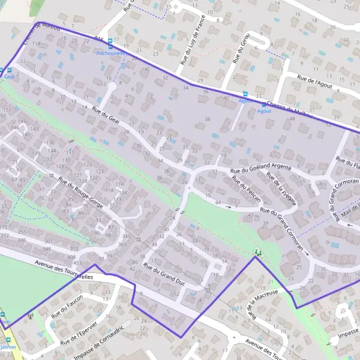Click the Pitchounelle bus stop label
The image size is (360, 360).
[111, 53]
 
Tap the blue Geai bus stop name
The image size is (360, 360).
[8, 77]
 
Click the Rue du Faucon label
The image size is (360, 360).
[67, 307]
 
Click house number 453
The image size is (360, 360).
[77, 263]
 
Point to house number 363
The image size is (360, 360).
[122, 244]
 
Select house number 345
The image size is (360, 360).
[125, 238]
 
